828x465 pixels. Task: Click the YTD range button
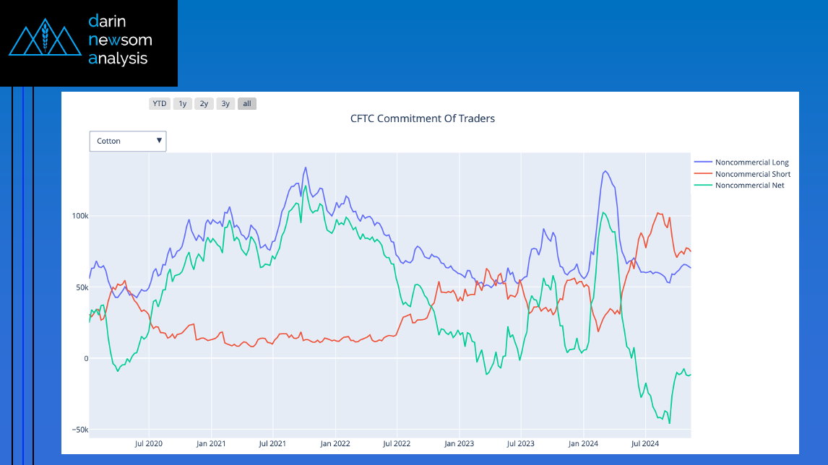(x=160, y=103)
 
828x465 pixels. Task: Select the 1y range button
(x=183, y=103)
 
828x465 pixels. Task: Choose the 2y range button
(x=204, y=103)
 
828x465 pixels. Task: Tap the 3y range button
(x=225, y=103)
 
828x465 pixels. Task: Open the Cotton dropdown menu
(x=128, y=141)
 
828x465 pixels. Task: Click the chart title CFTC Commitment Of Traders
(x=423, y=118)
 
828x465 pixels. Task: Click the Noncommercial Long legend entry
(x=751, y=162)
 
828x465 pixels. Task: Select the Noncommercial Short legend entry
(x=752, y=174)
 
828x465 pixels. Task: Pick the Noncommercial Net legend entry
(x=749, y=186)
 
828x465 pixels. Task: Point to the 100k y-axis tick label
(x=79, y=216)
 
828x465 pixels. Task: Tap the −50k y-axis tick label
(x=79, y=430)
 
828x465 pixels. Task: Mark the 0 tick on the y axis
(x=85, y=359)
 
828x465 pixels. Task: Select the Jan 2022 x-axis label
(x=335, y=443)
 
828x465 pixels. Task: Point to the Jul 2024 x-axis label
(x=645, y=443)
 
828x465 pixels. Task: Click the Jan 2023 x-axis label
(x=460, y=443)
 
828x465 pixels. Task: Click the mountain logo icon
(x=44, y=40)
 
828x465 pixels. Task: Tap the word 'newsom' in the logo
(x=120, y=40)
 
